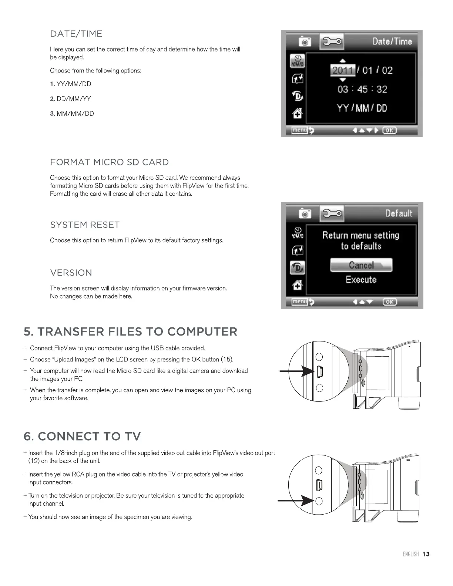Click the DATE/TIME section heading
[76, 34]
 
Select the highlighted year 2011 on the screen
[342, 70]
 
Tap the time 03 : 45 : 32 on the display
[362, 89]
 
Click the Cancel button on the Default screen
[361, 265]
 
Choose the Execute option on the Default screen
[361, 280]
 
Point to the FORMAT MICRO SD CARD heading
[109, 162]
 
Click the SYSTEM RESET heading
[85, 225]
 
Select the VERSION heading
[71, 273]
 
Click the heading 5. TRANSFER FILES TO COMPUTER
[130, 332]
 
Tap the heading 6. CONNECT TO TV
[82, 437]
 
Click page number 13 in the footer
[426, 554]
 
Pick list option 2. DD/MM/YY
[70, 99]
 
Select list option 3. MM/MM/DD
[72, 114]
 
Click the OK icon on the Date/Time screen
[389, 130]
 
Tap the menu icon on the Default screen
[300, 302]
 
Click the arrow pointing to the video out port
[296, 501]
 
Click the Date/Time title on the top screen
[392, 41]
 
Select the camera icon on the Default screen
[305, 214]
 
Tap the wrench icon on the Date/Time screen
[332, 41]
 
